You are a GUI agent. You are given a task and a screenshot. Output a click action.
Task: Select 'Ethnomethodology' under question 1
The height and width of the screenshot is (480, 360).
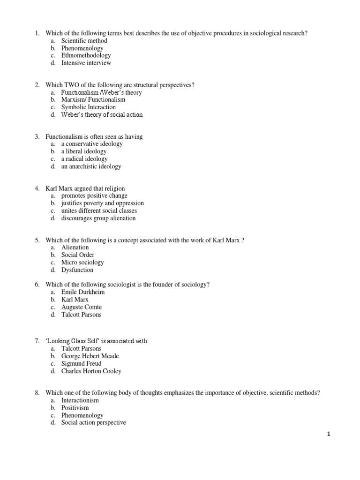tap(86, 55)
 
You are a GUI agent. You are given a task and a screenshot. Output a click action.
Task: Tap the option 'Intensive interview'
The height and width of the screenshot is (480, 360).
tap(86, 63)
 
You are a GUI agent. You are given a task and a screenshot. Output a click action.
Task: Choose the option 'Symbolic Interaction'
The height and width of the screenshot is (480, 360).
tap(89, 107)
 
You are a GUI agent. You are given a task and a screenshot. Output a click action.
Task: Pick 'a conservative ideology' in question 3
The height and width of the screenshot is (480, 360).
tap(92, 144)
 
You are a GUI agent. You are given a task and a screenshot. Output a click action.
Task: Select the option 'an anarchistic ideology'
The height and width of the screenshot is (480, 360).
tap(91, 166)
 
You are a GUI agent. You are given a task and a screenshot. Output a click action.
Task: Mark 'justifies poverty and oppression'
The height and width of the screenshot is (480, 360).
tap(103, 203)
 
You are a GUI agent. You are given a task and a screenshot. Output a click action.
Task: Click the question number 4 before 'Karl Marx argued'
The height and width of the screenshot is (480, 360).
tap(37, 188)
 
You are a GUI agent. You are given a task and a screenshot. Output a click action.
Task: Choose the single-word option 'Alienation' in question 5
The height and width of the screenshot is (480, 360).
tap(75, 247)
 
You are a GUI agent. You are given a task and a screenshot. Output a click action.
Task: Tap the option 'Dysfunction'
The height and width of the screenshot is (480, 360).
tap(77, 270)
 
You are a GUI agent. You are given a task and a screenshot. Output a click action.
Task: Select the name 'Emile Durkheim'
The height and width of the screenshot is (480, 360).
tap(83, 292)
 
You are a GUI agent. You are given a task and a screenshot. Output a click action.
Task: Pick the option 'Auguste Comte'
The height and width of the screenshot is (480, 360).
tap(82, 307)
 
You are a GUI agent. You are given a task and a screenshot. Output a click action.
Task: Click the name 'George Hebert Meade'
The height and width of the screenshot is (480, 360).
tap(90, 356)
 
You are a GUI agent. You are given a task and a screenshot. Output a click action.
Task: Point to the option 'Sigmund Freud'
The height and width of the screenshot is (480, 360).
tap(81, 364)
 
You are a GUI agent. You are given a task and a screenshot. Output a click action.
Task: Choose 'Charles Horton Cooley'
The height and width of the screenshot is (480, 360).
tap(91, 371)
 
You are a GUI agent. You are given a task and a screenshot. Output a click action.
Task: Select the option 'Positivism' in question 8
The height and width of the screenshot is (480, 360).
tap(75, 408)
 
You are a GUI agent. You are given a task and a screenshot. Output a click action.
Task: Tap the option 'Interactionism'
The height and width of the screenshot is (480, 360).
tap(80, 400)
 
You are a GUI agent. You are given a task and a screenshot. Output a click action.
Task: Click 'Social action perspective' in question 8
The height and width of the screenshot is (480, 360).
tap(94, 423)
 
